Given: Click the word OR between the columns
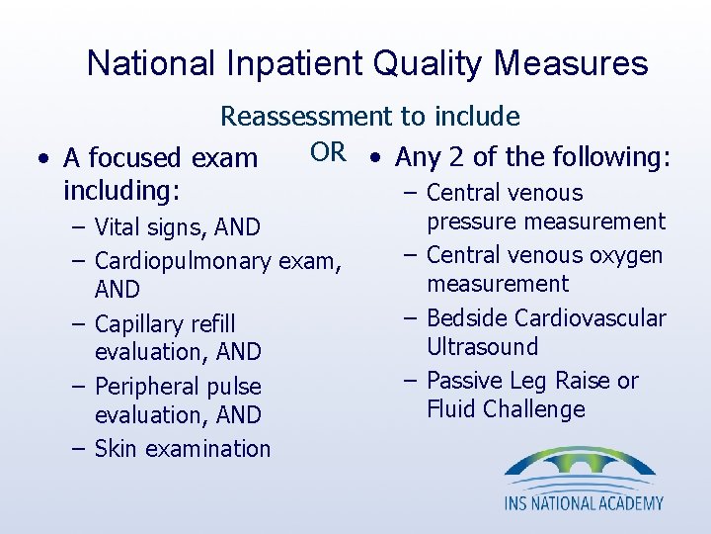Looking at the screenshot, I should click(x=329, y=151).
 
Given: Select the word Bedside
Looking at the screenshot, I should click(x=467, y=318).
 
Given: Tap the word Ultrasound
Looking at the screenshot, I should click(x=482, y=347).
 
